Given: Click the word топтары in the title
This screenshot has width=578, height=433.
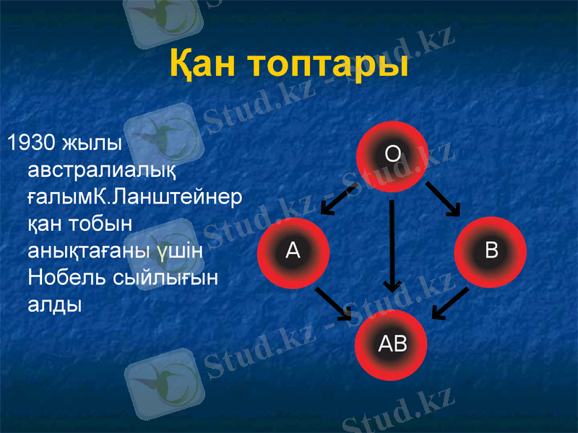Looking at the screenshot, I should tap(329, 65).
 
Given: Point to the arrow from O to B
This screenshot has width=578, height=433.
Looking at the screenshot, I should tap(443, 198).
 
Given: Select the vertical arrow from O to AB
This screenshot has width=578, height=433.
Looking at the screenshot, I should tap(392, 245).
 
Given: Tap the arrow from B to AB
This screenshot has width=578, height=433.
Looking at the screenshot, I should tap(450, 302).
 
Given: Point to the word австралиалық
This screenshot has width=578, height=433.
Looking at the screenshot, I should tap(100, 170).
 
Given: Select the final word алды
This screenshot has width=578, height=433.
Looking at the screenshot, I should tap(54, 304).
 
